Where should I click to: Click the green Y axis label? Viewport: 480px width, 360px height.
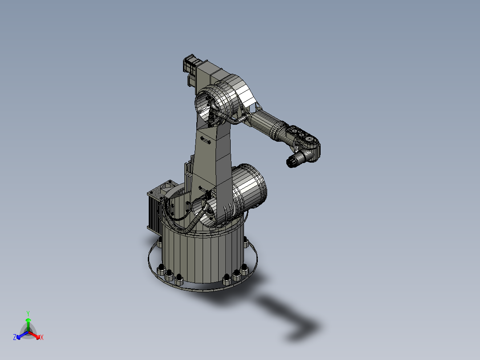point(28,313)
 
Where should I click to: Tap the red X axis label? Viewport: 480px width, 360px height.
point(42,338)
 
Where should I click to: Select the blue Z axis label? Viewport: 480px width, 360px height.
point(14,338)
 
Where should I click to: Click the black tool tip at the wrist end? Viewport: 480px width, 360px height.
point(291,163)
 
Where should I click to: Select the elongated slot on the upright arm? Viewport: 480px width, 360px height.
point(206,140)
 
